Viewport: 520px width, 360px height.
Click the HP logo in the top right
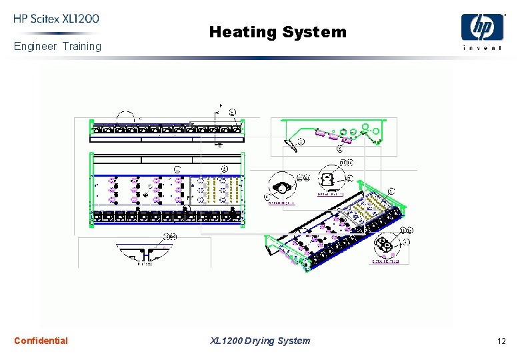tap(483, 28)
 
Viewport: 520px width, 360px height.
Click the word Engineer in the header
tap(35, 47)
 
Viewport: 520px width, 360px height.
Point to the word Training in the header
tap(82, 47)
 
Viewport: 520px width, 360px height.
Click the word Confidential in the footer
tap(41, 341)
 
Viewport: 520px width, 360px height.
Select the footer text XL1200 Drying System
tap(260, 341)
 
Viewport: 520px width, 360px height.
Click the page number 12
tap(501, 341)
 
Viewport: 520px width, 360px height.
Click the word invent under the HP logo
tap(483, 47)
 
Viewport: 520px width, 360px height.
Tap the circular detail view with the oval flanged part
tap(283, 189)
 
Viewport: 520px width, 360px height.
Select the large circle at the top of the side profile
tap(365, 127)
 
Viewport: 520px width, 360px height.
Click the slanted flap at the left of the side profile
tap(291, 143)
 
